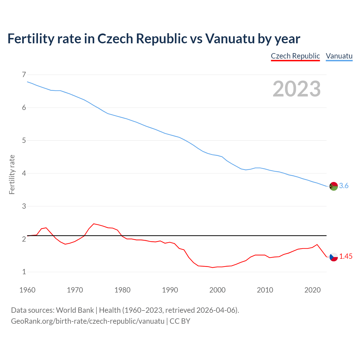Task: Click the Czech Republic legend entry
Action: point(295,56)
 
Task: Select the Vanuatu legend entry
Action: point(339,56)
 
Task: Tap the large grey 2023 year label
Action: point(296,89)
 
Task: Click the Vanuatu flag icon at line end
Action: point(334,186)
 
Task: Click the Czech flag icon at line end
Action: point(334,257)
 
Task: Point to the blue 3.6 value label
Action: point(344,186)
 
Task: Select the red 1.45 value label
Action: point(346,256)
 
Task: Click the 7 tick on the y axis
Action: point(24,75)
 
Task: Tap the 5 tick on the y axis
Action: point(24,140)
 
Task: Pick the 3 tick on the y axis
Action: point(24,206)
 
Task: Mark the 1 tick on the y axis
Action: point(24,272)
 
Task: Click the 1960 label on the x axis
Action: point(27,290)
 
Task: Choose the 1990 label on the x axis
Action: point(170,290)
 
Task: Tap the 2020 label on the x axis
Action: point(312,290)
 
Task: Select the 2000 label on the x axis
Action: point(217,290)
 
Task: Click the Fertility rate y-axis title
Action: point(12,174)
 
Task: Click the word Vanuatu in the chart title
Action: point(230,39)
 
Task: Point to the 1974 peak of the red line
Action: point(94,224)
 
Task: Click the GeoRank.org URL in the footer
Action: point(87,321)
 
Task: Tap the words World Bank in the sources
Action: point(75,310)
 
